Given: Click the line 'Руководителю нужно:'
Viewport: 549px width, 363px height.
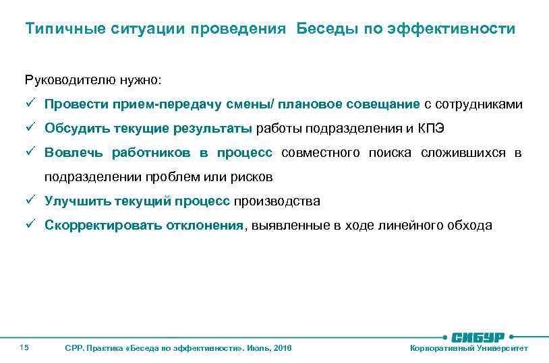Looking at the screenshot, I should click(93, 81).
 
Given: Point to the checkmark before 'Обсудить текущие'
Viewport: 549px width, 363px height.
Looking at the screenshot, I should click(31, 129).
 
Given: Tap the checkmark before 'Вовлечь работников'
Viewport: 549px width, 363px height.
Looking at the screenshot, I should click(31, 153).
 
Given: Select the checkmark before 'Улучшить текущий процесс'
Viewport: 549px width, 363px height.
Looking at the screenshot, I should click(31, 201).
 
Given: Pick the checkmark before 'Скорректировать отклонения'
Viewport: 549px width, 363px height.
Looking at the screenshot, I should click(31, 226).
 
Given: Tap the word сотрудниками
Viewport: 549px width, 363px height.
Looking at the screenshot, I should click(480, 104).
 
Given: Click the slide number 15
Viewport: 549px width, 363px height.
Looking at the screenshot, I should click(24, 348).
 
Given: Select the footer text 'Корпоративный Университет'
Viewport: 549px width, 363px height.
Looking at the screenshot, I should click(469, 348).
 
